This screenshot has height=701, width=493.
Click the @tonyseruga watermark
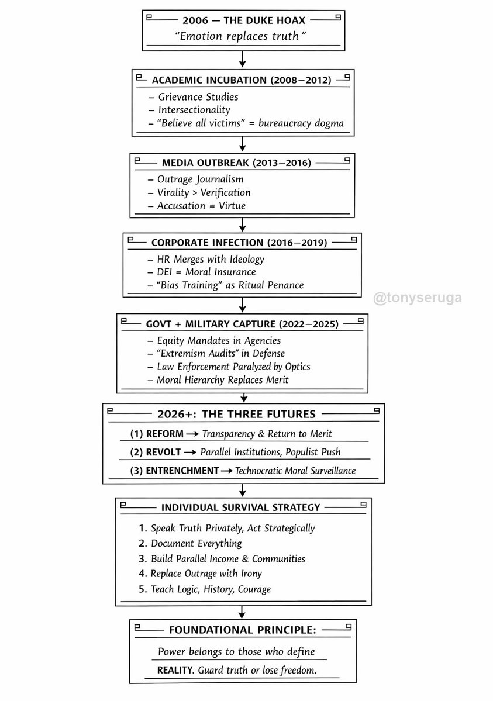(418, 298)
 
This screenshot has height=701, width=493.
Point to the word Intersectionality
(194, 109)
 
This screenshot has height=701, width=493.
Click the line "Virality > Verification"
(204, 192)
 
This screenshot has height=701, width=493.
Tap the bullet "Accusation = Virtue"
(201, 205)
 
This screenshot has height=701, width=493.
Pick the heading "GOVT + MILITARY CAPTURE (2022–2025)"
(242, 323)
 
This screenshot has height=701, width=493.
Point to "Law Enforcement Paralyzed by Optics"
(233, 367)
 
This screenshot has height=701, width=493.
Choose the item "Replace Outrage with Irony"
(206, 574)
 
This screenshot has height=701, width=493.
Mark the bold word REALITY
(175, 670)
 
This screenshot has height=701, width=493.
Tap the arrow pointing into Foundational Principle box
(242, 612)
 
